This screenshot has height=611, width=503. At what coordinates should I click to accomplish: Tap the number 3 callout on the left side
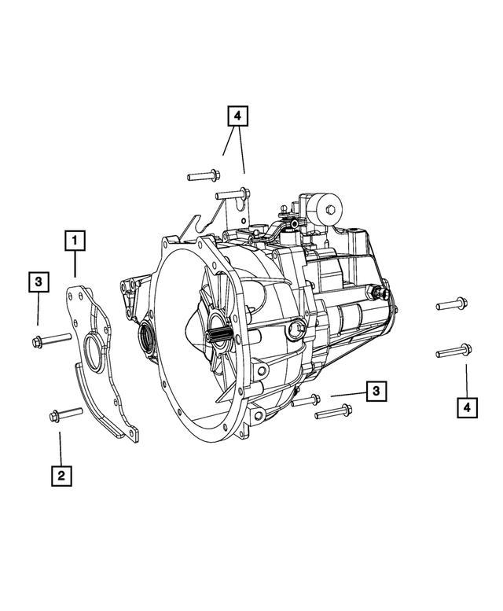(x=37, y=282)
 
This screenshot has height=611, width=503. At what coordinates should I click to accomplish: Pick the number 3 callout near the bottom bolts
(x=376, y=391)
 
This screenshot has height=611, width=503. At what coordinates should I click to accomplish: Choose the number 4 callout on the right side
(x=467, y=407)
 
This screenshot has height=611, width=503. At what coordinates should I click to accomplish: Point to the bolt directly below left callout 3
(x=49, y=340)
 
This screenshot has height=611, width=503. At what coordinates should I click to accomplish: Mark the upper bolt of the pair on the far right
(x=451, y=304)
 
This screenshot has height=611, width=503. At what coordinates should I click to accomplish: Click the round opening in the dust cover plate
(x=94, y=351)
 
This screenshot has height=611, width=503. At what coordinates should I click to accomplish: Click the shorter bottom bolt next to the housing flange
(x=306, y=400)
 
